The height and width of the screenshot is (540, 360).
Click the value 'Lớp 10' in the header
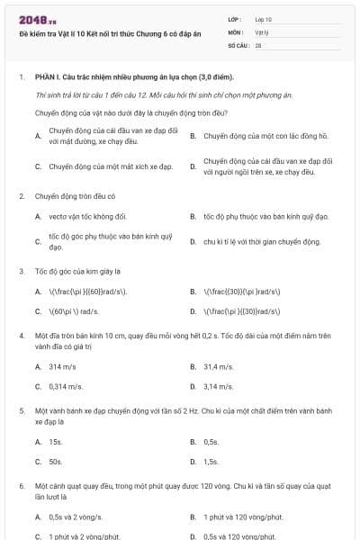tap(263, 19)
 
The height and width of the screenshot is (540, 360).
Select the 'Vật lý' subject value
tap(262, 31)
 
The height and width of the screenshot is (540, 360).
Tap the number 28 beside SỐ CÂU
tap(258, 44)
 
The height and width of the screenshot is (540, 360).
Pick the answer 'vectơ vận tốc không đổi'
tap(87, 216)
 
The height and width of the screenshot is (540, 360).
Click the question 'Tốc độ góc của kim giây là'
tap(79, 270)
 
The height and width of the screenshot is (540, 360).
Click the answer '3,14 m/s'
tap(218, 386)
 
